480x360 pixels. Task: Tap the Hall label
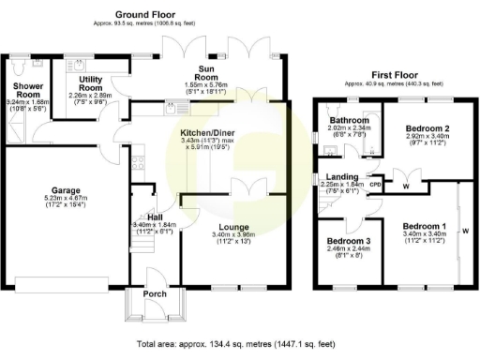[148, 218]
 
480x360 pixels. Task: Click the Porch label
[154, 294]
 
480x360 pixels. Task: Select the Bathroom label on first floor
[346, 121]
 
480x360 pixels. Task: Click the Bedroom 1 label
[424, 226]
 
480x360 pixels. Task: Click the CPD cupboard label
[375, 185]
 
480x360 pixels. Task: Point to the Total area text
[235, 343]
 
